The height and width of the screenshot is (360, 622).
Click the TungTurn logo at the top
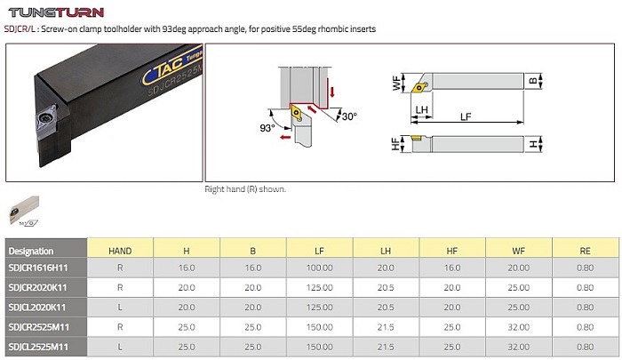56,12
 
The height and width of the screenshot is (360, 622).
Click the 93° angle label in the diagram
267,128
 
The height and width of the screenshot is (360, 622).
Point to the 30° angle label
349,116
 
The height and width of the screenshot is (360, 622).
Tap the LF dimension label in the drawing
466,116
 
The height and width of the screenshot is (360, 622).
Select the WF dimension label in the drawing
397,83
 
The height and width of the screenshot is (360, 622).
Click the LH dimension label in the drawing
421,109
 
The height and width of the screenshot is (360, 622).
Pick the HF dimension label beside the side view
396,144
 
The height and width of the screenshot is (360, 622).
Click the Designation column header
31,251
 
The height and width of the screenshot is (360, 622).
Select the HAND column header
120,251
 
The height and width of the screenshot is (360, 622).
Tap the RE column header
585,251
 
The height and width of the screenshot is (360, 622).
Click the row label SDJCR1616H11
38,268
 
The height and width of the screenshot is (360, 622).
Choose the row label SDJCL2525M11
39,347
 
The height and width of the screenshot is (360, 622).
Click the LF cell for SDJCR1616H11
319,268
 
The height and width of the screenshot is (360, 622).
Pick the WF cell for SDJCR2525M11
518,327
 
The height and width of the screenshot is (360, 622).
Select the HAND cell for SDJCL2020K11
120,308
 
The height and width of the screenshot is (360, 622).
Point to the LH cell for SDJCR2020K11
386,287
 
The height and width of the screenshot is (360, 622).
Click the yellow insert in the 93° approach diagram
297,112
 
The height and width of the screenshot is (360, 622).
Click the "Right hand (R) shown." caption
245,189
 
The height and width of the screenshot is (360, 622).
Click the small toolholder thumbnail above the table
24,211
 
